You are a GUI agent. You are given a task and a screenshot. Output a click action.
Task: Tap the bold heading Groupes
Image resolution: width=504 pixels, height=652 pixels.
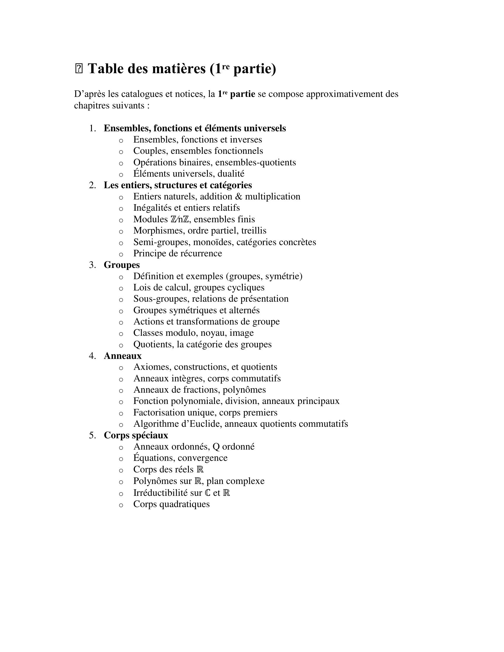pyautogui.click(x=122, y=265)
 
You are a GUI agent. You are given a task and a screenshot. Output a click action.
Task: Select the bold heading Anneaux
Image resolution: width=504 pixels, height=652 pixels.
pyautogui.click(x=122, y=356)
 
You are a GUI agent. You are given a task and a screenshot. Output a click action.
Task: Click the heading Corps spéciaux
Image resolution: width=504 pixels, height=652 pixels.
pyautogui.click(x=136, y=435)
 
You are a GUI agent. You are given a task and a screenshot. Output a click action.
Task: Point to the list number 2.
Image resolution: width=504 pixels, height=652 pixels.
pyautogui.click(x=92, y=186)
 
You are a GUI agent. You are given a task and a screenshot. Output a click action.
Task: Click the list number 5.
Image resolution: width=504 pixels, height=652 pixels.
pyautogui.click(x=92, y=436)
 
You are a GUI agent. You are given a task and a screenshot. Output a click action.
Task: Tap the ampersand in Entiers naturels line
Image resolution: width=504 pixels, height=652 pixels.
pyautogui.click(x=239, y=197)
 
